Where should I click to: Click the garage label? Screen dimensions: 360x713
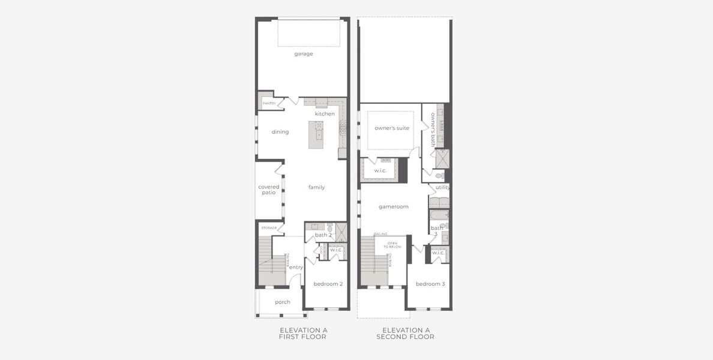pos(303,54)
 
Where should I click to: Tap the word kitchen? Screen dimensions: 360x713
pos(325,114)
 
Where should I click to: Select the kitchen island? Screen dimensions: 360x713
pos(316,134)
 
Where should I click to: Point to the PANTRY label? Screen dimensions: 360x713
pos(269,103)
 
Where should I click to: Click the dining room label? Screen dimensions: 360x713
pos(280,132)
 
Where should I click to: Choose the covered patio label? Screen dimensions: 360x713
pos(269,190)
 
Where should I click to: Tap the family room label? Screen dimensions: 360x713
pos(316,187)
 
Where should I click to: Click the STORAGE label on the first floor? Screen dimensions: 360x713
pos(269,228)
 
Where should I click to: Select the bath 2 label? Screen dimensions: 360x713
pos(323,235)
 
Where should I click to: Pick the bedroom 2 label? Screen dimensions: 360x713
pos(328,284)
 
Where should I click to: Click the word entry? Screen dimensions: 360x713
pos(296,267)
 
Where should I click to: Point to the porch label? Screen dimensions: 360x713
pos(283,302)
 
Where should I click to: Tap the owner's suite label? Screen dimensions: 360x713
pos(392,128)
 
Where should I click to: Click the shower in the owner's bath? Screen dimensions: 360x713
pos(442,158)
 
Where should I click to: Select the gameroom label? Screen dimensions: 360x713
pos(394,206)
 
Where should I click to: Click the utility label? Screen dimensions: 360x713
pos(443,187)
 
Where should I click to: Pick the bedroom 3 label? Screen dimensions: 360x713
pos(430,284)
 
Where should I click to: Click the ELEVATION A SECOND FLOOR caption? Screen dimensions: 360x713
pos(406,334)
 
